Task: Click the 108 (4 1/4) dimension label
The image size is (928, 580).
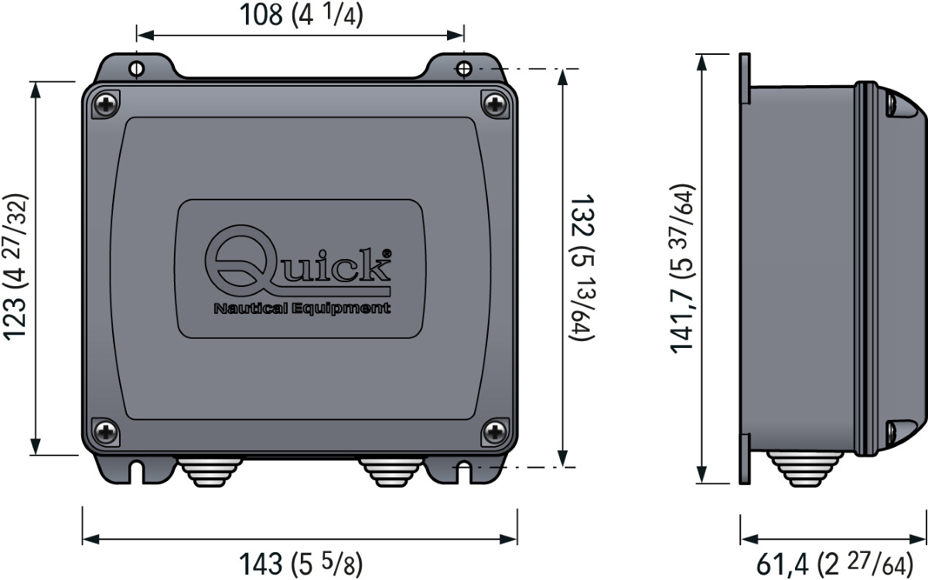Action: tap(301, 15)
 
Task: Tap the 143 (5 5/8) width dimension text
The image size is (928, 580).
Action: tap(301, 564)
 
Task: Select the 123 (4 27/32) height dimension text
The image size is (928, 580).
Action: tap(15, 268)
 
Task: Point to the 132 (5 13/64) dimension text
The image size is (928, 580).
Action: tap(582, 268)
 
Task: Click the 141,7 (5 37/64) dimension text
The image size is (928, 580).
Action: tap(682, 268)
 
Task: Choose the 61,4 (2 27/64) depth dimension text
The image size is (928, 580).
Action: tap(834, 564)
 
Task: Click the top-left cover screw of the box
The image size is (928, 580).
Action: tap(106, 104)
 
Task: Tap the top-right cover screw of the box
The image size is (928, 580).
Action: tap(495, 104)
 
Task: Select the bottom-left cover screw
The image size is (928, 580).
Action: tap(105, 432)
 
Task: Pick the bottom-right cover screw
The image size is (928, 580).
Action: tap(495, 432)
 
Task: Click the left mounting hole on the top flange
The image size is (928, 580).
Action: tap(137, 68)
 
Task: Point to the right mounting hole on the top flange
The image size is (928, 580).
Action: tap(463, 68)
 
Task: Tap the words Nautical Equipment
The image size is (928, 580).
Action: tap(302, 309)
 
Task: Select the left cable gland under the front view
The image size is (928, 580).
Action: tap(210, 472)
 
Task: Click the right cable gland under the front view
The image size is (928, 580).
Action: tap(391, 472)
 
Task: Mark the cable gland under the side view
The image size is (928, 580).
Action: tap(804, 469)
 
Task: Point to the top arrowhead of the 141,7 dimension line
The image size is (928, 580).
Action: tap(701, 62)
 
